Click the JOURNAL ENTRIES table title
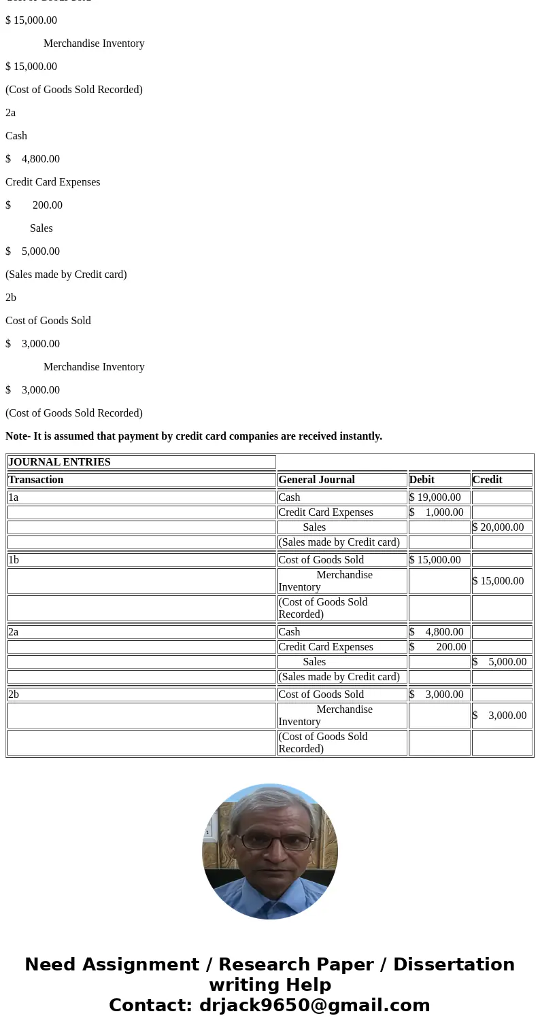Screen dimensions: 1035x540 59,462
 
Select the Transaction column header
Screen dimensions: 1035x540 36,480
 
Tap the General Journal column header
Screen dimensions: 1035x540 316,480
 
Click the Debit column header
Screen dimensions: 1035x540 422,480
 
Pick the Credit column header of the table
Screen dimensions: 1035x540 487,480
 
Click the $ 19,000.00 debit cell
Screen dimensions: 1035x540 435,497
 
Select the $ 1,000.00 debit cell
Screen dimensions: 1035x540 437,512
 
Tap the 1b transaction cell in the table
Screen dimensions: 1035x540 14,560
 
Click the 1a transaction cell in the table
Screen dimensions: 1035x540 14,497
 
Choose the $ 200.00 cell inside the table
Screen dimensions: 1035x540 438,647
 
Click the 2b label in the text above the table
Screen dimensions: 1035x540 11,298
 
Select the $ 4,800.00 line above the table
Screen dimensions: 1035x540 33,159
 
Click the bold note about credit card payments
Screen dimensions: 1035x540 194,436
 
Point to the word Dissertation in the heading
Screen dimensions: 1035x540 454,965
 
